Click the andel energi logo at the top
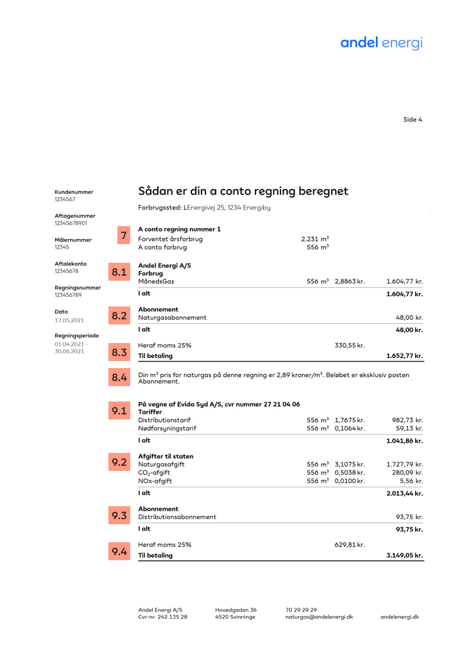point(381,43)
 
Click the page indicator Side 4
point(413,119)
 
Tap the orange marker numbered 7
point(123,236)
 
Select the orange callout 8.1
point(119,272)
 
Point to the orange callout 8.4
point(119,378)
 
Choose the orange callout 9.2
point(119,463)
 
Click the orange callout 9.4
point(119,551)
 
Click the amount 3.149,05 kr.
point(404,556)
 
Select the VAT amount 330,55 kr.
point(350,346)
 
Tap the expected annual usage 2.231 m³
point(314,239)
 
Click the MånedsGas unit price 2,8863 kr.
point(350,281)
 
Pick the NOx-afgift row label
point(155,481)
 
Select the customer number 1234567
point(65,199)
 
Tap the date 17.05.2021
point(69,320)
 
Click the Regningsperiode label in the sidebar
point(76,335)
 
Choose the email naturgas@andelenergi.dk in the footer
point(319,617)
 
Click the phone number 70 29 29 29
point(301,610)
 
